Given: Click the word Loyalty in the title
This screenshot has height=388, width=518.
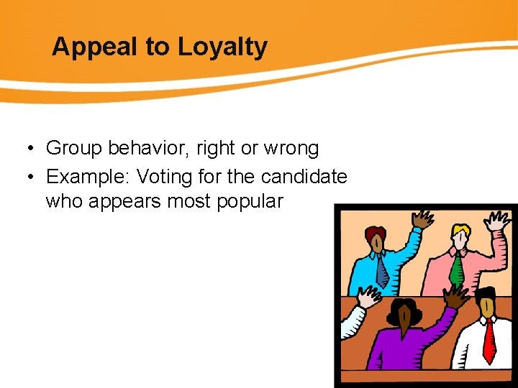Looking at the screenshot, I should [222, 47].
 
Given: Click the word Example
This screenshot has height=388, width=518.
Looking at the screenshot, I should [87, 176].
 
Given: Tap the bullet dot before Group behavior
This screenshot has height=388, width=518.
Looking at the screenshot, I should [25, 149].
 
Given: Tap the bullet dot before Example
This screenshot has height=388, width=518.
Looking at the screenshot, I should [25, 177].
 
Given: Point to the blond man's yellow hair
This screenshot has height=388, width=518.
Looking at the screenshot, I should [460, 230].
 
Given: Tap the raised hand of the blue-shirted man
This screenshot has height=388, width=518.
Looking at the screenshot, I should [424, 218].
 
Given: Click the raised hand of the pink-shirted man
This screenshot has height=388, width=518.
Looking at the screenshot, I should [499, 220].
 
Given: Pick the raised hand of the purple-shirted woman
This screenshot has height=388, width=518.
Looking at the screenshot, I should [455, 295].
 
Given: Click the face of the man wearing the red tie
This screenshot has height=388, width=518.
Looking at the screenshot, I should [487, 305].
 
